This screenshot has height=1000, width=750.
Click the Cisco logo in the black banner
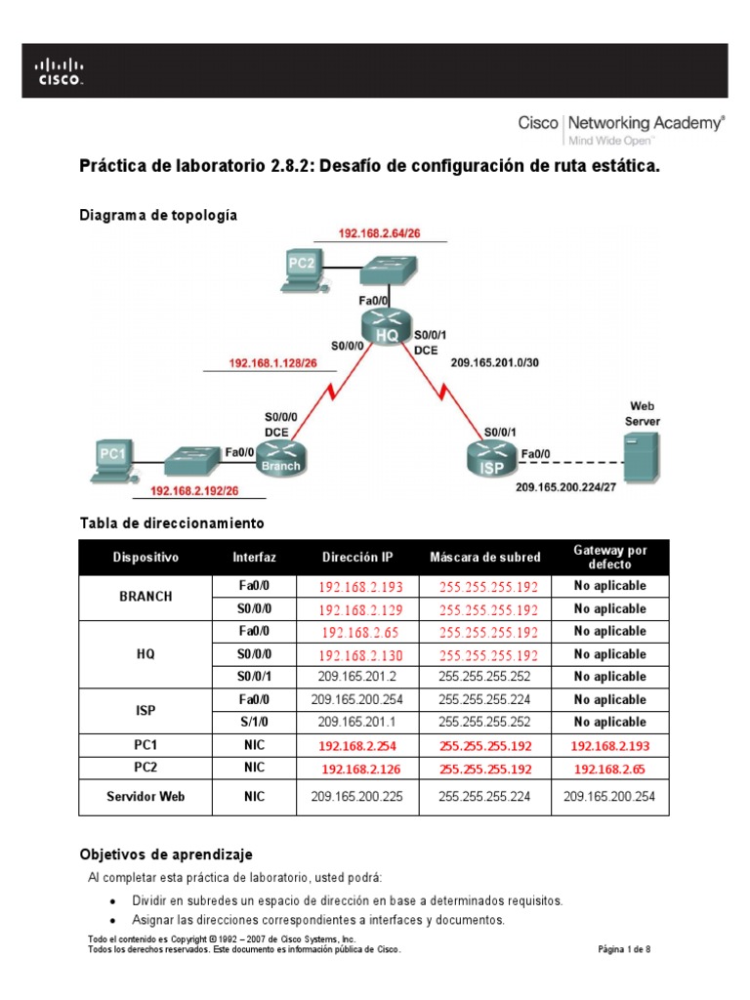pos(61,70)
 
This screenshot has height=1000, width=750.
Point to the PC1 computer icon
pos(115,460)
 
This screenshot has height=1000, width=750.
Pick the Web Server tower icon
pos(641,454)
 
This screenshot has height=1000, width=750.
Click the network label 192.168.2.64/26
pos(380,233)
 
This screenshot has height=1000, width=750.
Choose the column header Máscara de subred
pos(484,557)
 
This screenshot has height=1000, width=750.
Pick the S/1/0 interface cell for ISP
pos(254,722)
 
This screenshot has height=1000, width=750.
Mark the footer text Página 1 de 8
pos(623,948)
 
